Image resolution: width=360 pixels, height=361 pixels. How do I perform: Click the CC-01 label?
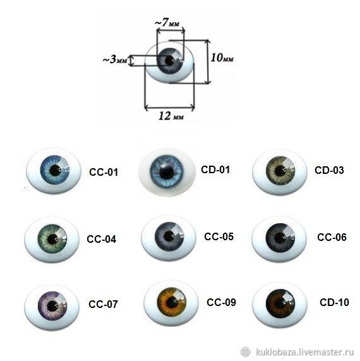click(104, 172)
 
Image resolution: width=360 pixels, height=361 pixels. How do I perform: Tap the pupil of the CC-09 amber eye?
click(171, 302)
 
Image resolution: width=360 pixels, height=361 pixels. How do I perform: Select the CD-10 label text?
click(334, 302)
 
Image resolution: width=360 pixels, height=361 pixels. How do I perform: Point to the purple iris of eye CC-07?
click(52, 306)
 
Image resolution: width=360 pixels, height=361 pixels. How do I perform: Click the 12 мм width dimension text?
click(171, 116)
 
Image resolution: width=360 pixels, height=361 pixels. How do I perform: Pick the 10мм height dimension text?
click(222, 58)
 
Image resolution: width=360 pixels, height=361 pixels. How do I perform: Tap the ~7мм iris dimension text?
click(167, 23)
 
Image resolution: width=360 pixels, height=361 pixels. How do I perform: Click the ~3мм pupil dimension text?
click(114, 59)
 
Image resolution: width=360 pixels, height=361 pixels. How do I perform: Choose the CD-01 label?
click(215, 169)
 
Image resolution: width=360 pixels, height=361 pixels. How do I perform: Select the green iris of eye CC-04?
click(52, 239)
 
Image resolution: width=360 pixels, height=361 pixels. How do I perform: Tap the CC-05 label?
click(219, 236)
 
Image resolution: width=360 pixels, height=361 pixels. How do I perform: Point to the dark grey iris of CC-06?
click(280, 238)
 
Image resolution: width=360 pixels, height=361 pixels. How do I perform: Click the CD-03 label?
click(329, 170)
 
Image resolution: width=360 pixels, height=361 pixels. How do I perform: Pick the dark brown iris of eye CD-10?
click(280, 303)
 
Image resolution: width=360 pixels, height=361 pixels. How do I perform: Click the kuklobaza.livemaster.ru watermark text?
click(304, 352)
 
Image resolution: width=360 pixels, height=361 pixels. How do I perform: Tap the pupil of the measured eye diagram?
click(170, 61)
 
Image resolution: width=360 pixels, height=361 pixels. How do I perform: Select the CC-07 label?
click(103, 304)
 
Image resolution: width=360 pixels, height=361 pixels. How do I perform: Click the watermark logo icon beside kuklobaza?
click(246, 352)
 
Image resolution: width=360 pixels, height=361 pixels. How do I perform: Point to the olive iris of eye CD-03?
click(280, 171)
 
